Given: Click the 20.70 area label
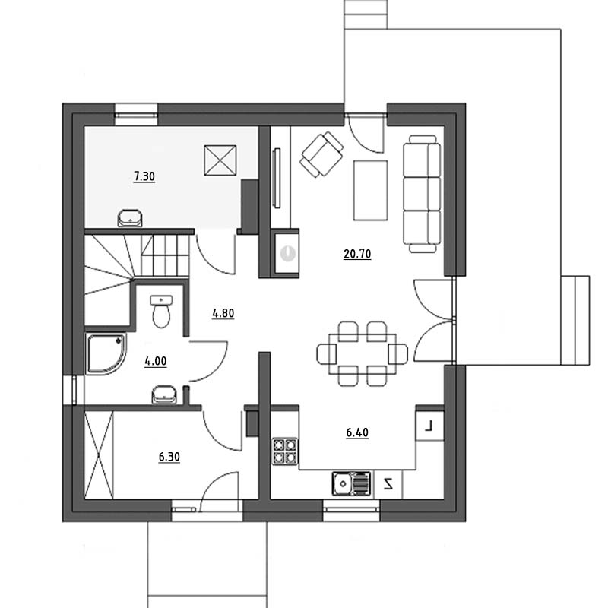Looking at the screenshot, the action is (x=357, y=254).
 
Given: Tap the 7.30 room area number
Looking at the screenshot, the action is (x=144, y=176).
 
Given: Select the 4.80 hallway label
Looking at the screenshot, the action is (x=223, y=313).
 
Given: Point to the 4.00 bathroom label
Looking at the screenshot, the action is (x=156, y=361).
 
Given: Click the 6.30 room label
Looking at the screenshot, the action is (x=169, y=457).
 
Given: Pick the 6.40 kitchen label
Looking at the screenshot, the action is (x=357, y=432).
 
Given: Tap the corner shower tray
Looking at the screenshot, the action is (x=106, y=354).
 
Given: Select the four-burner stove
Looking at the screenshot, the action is (x=285, y=451).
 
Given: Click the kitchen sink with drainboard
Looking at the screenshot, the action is (x=351, y=483).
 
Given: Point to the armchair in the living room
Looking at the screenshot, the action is (x=321, y=154).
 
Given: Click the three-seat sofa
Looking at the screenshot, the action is (x=422, y=194).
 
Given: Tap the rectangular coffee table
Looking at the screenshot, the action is (x=370, y=191).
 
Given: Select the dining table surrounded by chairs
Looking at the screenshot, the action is (x=363, y=353).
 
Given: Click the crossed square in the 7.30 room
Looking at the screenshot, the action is (x=220, y=160).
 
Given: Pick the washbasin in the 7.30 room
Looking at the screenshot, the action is (x=130, y=218).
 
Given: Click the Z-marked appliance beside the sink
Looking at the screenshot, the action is (x=388, y=484).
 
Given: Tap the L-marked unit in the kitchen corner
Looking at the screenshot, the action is (x=429, y=426).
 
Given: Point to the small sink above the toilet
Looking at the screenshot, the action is (x=161, y=299).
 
